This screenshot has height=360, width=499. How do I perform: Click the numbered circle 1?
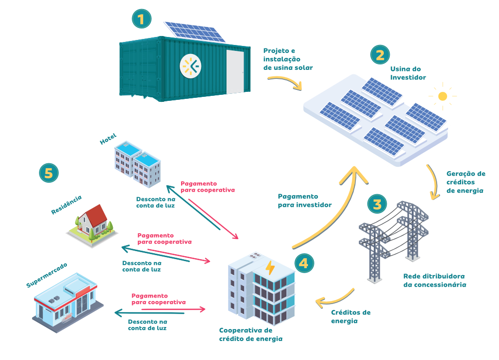coord(141,19)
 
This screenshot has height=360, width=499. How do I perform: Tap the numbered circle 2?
coord(380,54)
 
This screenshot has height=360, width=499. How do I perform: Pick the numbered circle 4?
coord(304,263)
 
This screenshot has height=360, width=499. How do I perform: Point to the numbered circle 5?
coord(48,173)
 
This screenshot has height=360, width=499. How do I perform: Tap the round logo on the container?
coord(190,66)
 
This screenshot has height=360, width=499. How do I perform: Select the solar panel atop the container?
coord(195,31)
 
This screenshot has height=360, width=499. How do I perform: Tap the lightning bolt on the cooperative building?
coord(270,268)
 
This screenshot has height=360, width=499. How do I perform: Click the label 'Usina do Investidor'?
coord(408,73)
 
